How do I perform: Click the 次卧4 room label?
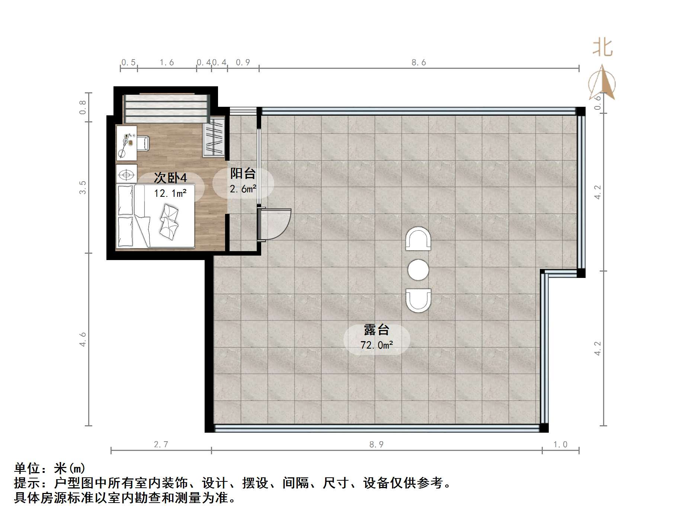tap(170, 178)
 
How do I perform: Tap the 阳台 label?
tap(243, 173)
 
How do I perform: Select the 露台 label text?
tap(377, 330)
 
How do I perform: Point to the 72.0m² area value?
tap(377, 345)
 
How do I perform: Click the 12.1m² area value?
tap(170, 193)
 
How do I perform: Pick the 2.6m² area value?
tap(243, 189)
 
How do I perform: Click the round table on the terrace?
tap(418, 270)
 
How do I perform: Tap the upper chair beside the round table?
tap(418, 239)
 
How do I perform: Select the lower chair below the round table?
tap(418, 300)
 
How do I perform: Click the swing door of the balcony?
tap(275, 224)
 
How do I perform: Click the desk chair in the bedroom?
tap(143, 143)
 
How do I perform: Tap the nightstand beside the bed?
tap(126, 174)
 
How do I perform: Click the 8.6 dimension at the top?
tap(419, 63)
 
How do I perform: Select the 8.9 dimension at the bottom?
tap(376, 444)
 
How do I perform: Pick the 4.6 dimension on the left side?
tap(83, 339)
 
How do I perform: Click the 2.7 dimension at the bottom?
tap(161, 444)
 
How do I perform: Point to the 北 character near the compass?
tap(602, 48)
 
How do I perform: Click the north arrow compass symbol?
tap(602, 83)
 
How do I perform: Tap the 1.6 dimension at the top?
tap(167, 63)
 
